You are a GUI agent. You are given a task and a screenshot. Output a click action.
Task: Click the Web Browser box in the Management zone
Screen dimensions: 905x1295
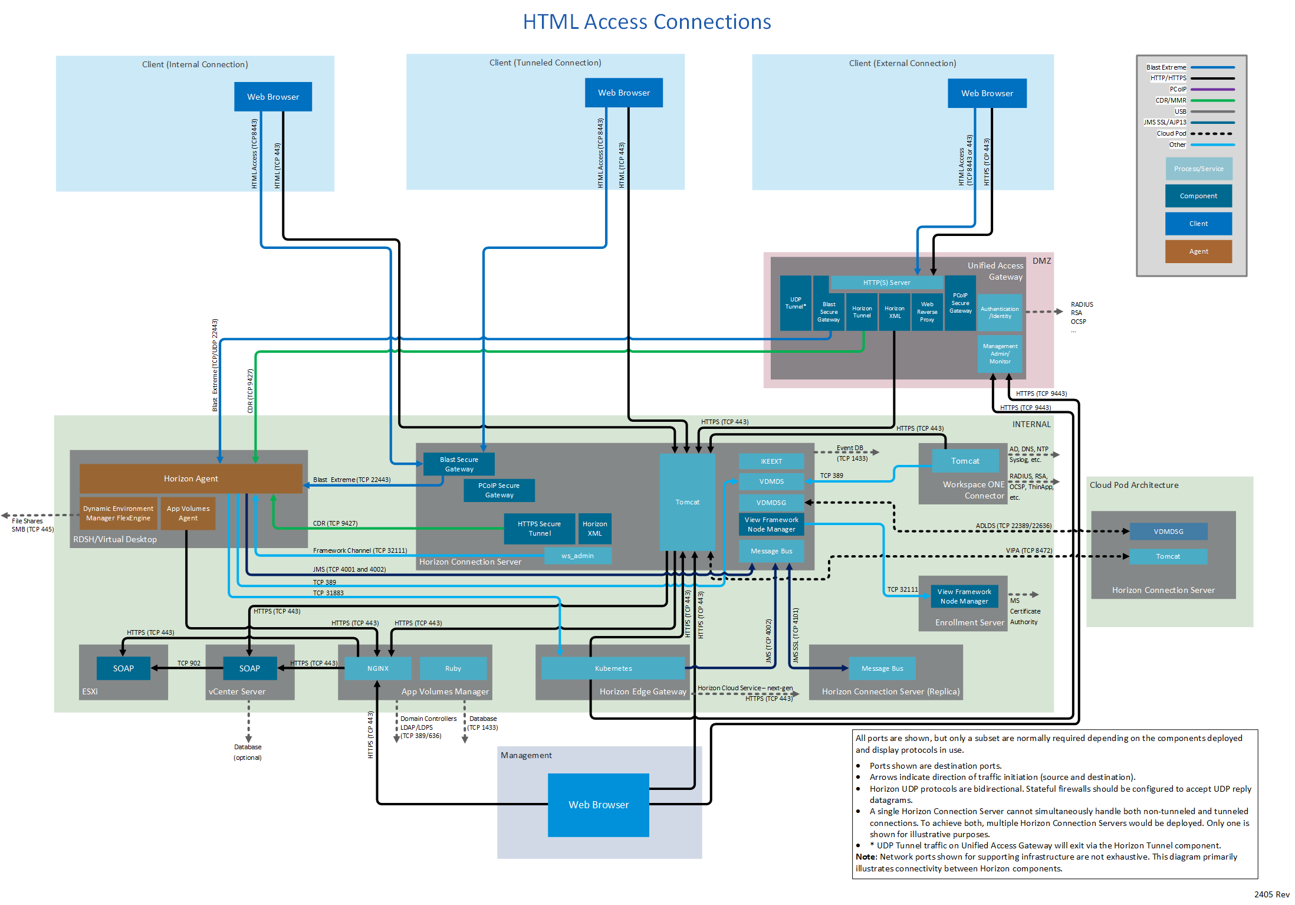pos(598,805)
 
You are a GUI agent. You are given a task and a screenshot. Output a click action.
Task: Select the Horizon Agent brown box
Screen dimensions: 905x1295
pos(190,478)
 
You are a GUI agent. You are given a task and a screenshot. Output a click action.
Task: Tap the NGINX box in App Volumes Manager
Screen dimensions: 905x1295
pos(377,668)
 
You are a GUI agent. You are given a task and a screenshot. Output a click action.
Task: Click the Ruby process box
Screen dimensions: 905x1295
pos(453,668)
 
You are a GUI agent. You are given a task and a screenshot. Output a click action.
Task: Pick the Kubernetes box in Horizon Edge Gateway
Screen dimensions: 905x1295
pos(613,668)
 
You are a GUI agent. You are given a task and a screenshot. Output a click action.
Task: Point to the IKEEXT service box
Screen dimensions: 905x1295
pos(771,461)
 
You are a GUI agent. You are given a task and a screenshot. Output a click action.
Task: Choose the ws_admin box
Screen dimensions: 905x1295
pos(577,556)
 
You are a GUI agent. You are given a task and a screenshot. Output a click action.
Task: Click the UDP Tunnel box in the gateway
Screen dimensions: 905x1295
pos(795,303)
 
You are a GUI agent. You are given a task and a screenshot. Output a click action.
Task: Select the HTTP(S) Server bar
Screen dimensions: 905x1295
pos(886,283)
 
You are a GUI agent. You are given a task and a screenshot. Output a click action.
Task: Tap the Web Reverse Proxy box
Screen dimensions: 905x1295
pos(926,312)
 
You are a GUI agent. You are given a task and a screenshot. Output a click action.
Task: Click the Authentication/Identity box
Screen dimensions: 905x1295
pos(1000,312)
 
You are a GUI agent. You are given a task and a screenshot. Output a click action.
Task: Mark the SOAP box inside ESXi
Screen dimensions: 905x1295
pos(123,668)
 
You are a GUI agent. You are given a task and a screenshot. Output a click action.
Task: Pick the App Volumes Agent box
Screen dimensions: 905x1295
pos(188,513)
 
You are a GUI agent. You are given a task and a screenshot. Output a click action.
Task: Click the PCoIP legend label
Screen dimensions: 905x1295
pos(1178,89)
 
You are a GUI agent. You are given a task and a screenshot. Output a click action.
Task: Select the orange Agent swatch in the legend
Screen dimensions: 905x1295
pos(1198,251)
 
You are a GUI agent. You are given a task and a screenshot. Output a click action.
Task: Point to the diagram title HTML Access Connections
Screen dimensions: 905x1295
pos(647,22)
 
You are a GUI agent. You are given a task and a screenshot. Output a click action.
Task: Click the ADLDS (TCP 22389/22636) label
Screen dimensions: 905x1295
pos(1013,526)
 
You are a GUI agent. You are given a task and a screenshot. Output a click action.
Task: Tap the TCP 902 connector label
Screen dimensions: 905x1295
pos(189,663)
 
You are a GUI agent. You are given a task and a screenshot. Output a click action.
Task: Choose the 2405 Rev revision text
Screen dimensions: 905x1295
pos(1271,894)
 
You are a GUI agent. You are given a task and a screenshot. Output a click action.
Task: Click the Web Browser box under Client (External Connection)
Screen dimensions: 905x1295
pos(987,93)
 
